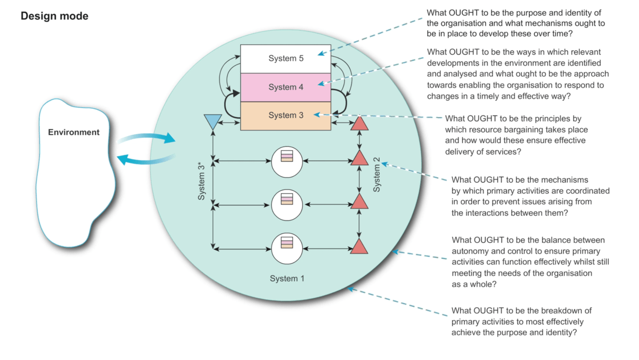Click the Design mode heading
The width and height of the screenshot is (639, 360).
(54, 17)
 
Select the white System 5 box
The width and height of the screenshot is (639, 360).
(286, 59)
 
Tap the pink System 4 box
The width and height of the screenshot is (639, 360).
(286, 87)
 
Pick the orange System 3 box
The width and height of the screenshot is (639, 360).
(286, 116)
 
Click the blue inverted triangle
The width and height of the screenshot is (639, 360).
(212, 122)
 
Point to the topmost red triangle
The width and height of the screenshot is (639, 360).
(359, 123)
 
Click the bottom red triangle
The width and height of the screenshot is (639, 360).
(359, 247)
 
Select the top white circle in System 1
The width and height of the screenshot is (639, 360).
(287, 159)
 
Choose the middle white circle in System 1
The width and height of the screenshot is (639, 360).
(287, 203)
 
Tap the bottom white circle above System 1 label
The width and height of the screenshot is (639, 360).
(287, 248)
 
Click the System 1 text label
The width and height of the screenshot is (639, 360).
(287, 279)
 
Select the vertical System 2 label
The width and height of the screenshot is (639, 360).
(377, 174)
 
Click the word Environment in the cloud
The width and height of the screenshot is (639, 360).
(73, 132)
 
